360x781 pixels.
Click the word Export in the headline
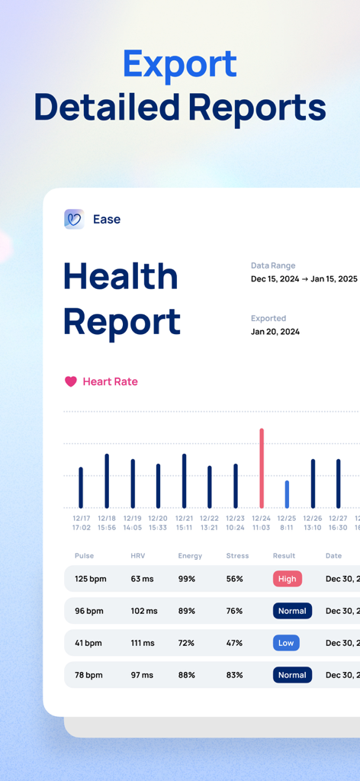click(x=180, y=65)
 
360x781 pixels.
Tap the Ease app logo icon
click(x=74, y=219)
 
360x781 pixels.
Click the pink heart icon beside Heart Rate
click(x=71, y=381)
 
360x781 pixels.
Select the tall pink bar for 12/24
click(x=262, y=468)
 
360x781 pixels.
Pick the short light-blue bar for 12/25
click(x=287, y=494)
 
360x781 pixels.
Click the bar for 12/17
click(x=81, y=487)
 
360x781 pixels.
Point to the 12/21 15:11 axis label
click(x=184, y=522)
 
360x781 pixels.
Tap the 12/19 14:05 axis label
click(x=132, y=522)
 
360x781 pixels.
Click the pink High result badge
click(x=288, y=579)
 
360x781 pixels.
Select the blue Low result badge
click(x=286, y=643)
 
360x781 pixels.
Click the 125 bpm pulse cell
click(x=91, y=579)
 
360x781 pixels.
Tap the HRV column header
click(x=137, y=556)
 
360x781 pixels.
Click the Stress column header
click(x=237, y=556)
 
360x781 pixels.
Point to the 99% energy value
click(x=187, y=579)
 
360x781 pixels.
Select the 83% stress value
click(x=234, y=675)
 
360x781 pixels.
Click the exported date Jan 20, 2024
click(x=275, y=332)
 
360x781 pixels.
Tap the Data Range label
click(x=273, y=265)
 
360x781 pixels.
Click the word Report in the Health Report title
click(x=122, y=322)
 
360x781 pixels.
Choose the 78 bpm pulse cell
click(x=88, y=675)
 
